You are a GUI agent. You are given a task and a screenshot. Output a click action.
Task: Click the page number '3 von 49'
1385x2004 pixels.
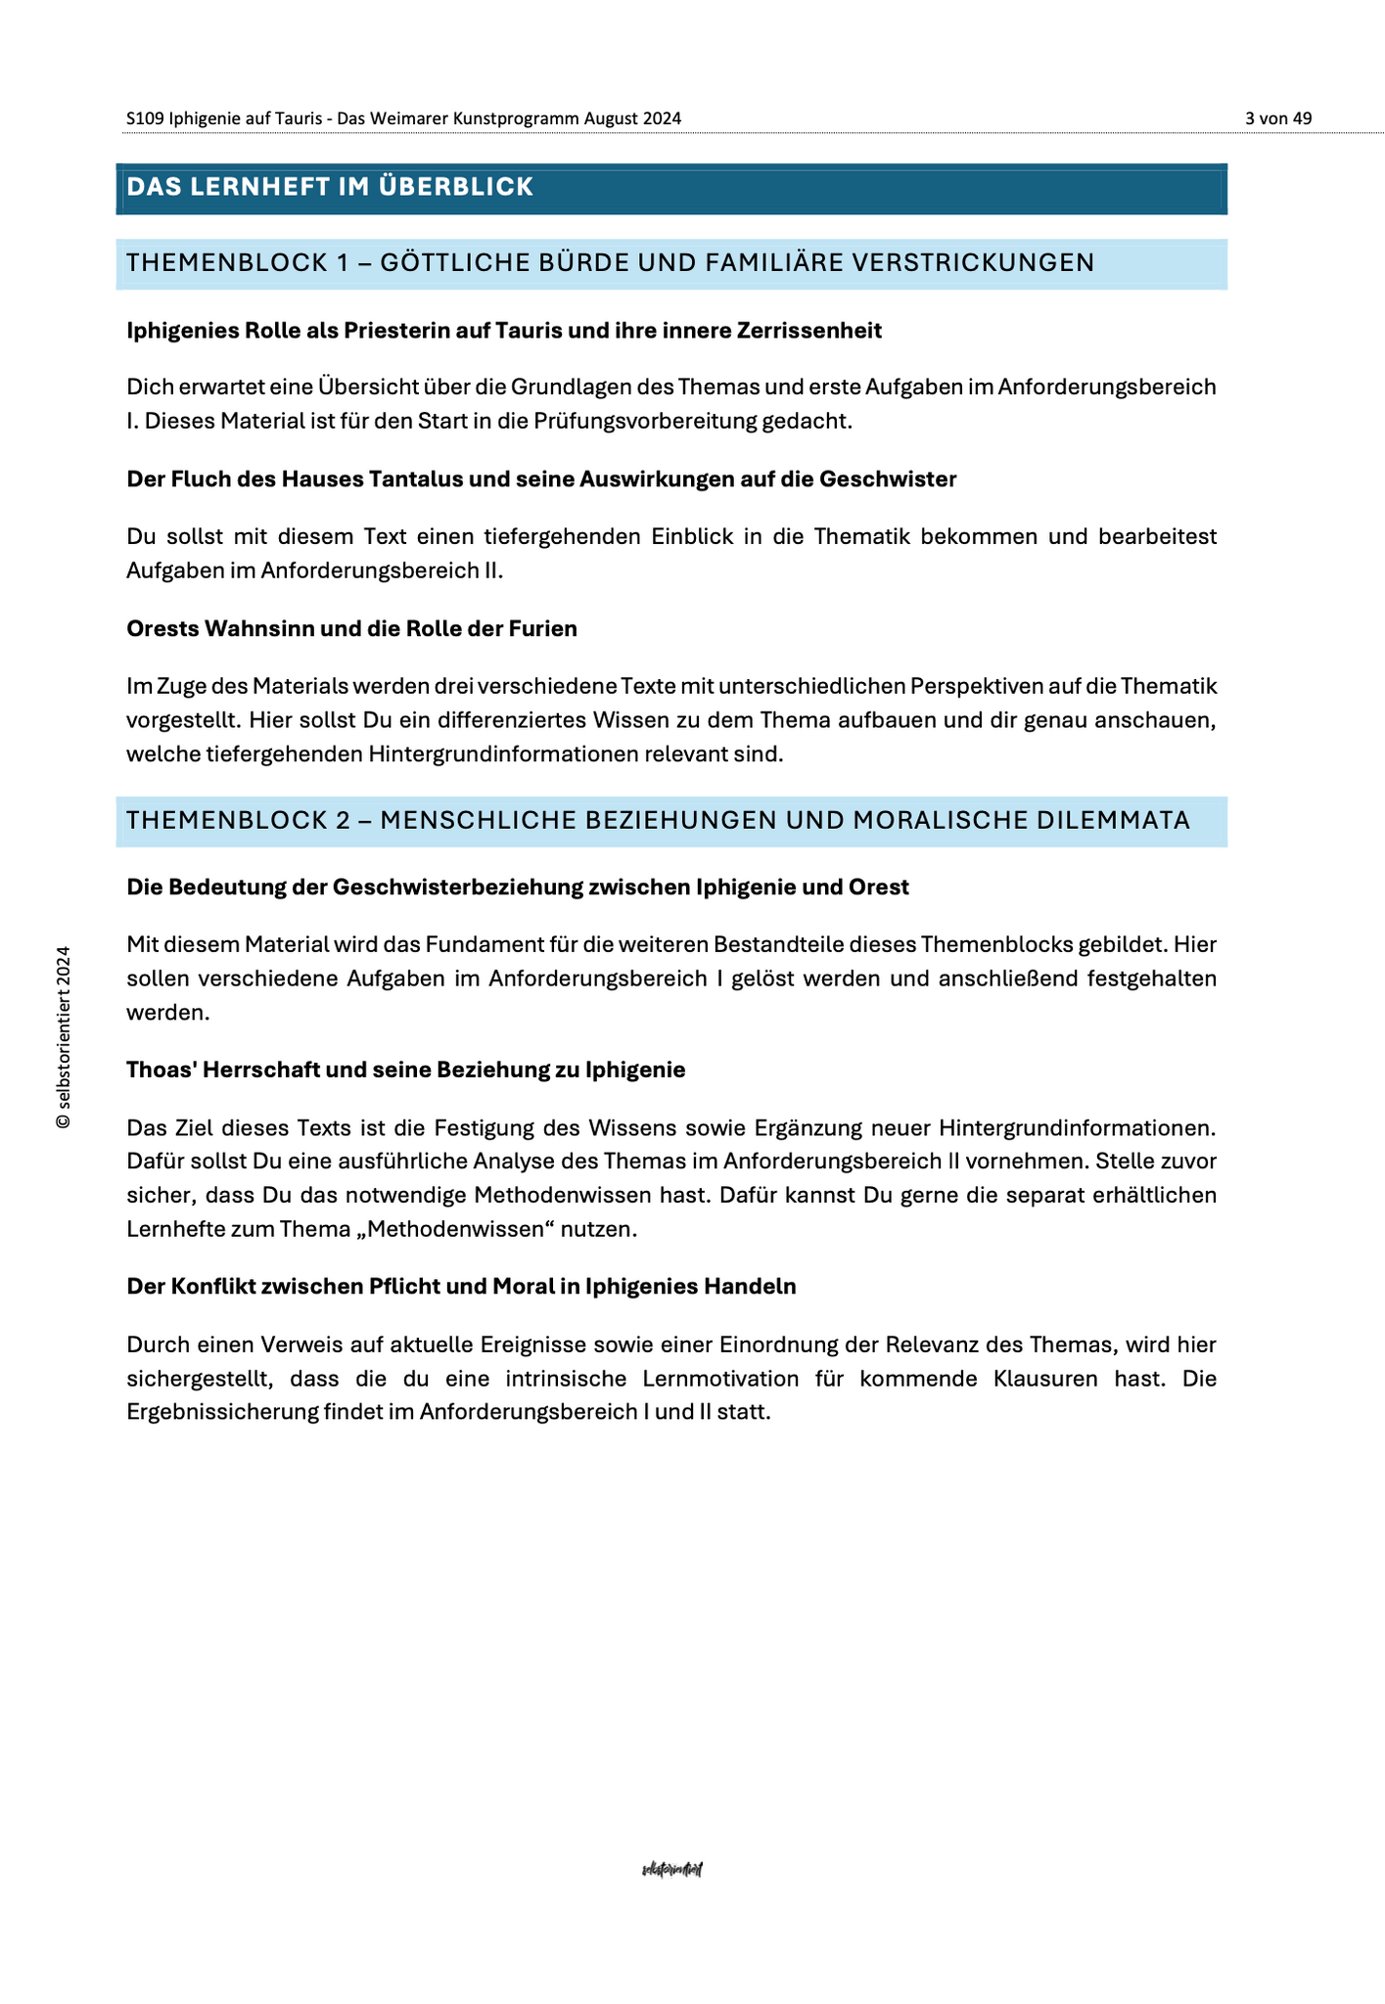click(1277, 118)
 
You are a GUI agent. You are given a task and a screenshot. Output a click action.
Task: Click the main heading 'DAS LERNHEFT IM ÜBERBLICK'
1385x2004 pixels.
click(330, 187)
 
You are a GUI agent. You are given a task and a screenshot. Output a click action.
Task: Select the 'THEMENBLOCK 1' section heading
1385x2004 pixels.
click(611, 263)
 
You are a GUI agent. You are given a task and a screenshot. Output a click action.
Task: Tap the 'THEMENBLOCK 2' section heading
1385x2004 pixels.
click(658, 820)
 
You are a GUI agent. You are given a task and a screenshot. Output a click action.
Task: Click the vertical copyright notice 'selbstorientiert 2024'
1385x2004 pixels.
click(64, 1037)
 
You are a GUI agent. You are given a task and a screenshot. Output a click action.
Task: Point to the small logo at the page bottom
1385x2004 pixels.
click(671, 1869)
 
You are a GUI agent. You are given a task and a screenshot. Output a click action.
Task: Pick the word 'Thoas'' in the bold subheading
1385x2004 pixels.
click(159, 1070)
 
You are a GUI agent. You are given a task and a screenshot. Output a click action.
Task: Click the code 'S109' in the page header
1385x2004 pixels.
click(144, 118)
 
